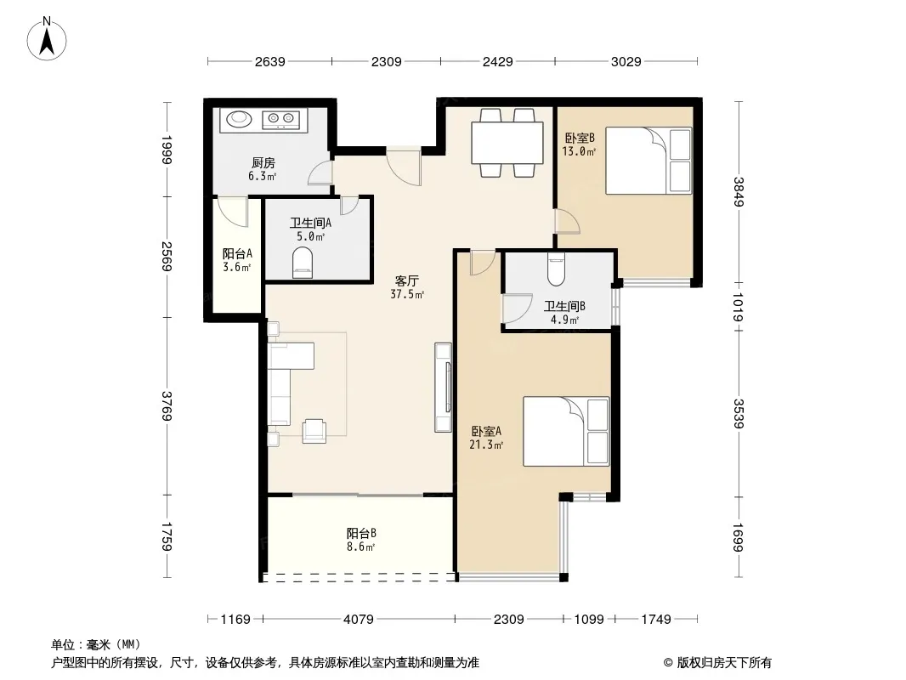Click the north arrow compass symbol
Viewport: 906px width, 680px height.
point(47,39)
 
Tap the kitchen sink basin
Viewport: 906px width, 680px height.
point(239,119)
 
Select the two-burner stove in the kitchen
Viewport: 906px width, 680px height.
point(280,120)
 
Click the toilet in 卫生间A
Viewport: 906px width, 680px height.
point(303,263)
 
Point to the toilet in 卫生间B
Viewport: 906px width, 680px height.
point(556,269)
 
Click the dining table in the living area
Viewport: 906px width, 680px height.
point(507,143)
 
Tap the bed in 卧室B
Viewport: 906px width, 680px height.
point(648,161)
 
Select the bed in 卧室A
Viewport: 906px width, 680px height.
point(566,431)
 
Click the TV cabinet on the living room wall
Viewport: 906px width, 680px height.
point(443,387)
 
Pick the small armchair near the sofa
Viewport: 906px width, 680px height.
point(314,431)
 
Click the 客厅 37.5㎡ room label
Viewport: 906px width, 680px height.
point(407,287)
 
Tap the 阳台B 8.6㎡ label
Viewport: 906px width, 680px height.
point(361,540)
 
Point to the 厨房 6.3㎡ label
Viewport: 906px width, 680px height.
point(263,169)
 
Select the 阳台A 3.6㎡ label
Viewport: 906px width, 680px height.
point(237,260)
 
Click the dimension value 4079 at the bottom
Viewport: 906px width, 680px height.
point(359,620)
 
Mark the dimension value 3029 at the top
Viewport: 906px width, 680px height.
point(626,61)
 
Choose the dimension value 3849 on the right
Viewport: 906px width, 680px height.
point(739,191)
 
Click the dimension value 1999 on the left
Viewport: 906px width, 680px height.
point(167,150)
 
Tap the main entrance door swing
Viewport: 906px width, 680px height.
point(404,168)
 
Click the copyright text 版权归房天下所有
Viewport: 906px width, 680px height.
point(723,663)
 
